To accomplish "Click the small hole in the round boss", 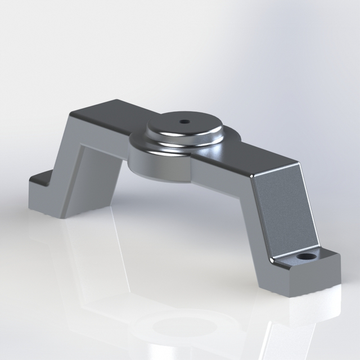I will [184, 121].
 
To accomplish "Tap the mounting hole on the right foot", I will [305, 257].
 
